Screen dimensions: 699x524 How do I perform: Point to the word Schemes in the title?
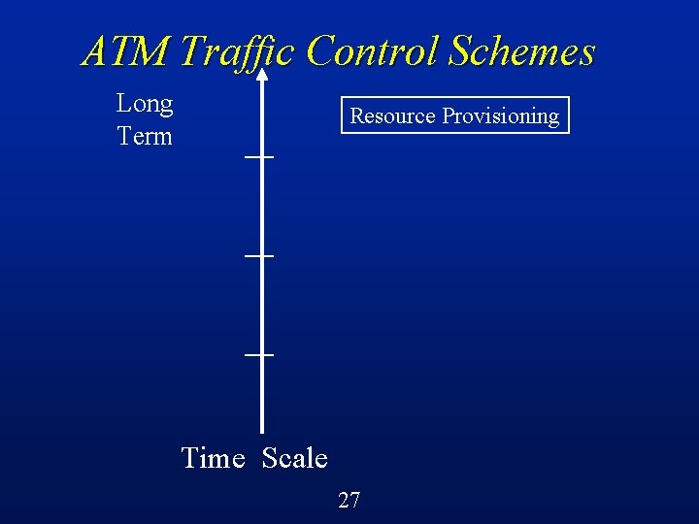tap(521, 51)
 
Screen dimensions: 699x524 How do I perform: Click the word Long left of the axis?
tap(145, 104)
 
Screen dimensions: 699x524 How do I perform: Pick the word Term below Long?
tap(145, 136)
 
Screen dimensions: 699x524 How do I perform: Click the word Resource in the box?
tap(392, 115)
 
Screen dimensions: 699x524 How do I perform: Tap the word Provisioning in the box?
tap(500, 116)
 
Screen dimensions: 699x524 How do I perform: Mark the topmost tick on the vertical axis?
tap(260, 157)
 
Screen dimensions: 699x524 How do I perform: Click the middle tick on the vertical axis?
tap(260, 256)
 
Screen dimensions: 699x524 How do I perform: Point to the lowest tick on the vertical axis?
tap(260, 355)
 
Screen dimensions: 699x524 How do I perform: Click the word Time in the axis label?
tap(213, 457)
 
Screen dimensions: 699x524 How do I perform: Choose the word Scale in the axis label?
tap(295, 457)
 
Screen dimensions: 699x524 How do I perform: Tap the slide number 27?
tap(349, 501)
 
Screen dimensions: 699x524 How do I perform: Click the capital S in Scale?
tap(270, 457)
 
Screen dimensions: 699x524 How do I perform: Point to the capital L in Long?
tap(123, 104)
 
